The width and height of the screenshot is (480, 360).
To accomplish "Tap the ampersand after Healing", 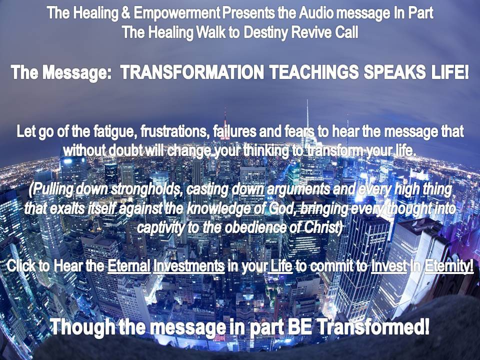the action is point(125,13).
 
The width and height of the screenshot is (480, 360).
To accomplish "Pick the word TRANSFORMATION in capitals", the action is point(192,72).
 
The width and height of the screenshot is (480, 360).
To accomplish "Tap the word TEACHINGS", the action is point(314,72).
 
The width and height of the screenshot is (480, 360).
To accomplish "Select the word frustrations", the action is point(175,132).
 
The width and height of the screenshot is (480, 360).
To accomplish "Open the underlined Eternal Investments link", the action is point(166,265).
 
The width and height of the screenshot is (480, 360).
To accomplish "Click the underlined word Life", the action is point(280,265).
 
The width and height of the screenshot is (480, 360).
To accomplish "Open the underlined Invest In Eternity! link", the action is point(422,265).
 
